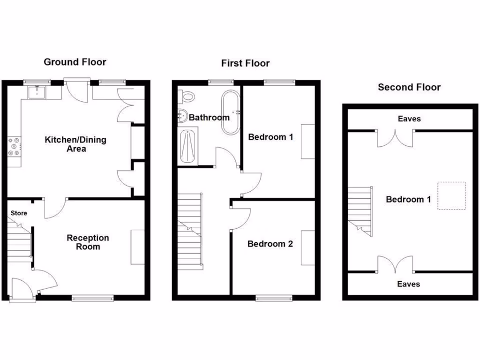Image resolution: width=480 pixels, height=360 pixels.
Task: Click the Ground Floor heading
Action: [x=75, y=62]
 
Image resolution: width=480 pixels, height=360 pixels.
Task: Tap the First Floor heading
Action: [x=246, y=63]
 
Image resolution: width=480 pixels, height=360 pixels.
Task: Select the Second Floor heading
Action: [x=409, y=87]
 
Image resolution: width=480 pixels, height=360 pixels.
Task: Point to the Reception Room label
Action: [x=88, y=242]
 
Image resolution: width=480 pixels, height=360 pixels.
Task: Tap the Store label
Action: [x=19, y=213]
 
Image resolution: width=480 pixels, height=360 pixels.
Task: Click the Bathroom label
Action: [x=209, y=117]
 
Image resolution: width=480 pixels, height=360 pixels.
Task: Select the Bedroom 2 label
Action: [x=270, y=244]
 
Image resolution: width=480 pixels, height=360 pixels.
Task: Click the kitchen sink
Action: [x=36, y=93]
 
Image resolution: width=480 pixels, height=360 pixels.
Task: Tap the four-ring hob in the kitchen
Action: [x=14, y=146]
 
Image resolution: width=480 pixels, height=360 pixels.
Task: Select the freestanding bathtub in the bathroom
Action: [x=231, y=112]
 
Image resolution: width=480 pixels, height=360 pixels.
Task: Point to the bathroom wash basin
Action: [x=182, y=115]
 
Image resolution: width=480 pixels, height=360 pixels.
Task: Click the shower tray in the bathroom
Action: [x=187, y=147]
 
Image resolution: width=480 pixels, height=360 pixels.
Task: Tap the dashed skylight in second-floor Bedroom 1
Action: [x=452, y=195]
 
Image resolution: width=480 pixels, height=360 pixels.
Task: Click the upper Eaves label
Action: [x=409, y=119]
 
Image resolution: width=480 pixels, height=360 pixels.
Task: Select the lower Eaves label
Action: [x=409, y=284]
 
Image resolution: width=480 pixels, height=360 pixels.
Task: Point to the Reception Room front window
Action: [x=93, y=297]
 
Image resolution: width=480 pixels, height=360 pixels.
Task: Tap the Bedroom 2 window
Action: [x=274, y=297]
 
